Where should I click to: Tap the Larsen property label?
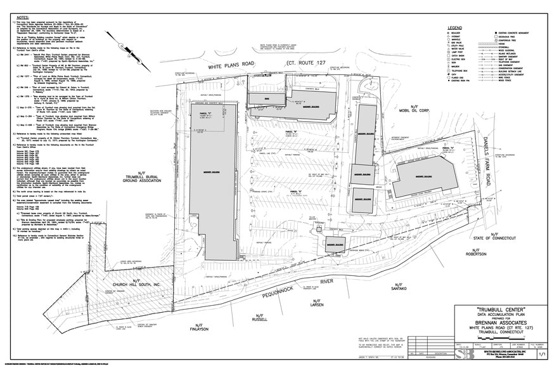coord(318,304)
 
